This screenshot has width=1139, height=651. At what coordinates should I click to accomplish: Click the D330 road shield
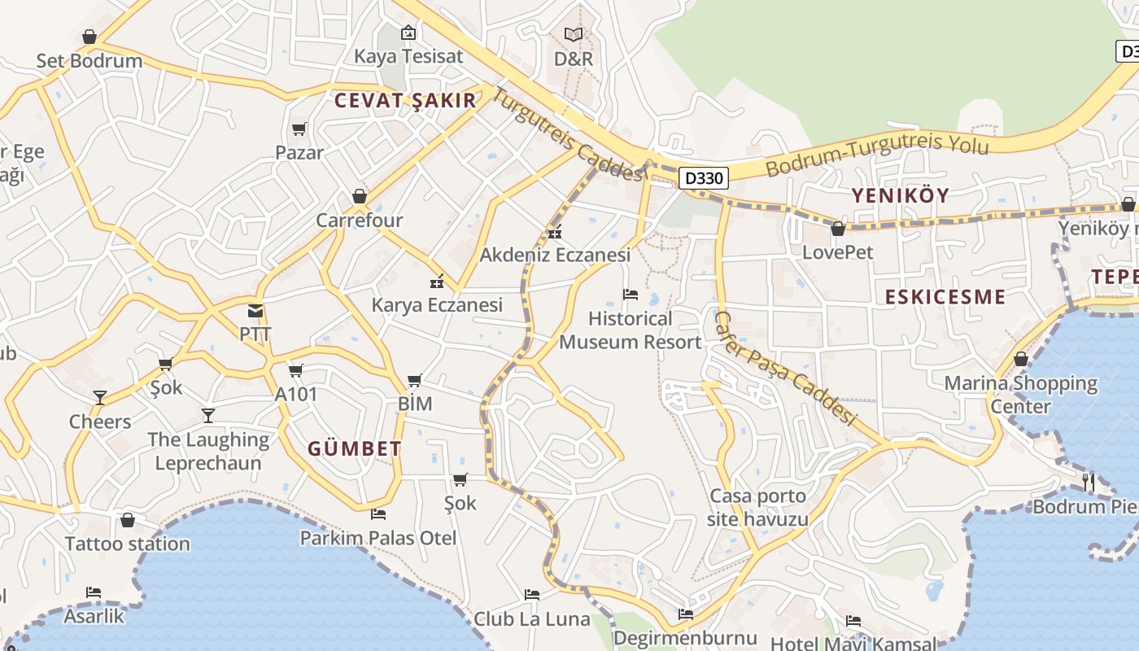click(x=703, y=177)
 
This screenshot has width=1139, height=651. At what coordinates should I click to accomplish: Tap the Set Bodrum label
click(x=89, y=61)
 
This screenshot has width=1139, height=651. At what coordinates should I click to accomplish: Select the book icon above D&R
click(x=574, y=35)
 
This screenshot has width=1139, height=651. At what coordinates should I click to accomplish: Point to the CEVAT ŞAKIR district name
click(x=405, y=101)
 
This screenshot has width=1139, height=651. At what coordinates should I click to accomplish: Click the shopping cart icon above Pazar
click(x=299, y=129)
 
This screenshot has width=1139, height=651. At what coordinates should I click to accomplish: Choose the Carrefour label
click(x=360, y=221)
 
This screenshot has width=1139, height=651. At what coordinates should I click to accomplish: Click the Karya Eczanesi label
click(x=437, y=305)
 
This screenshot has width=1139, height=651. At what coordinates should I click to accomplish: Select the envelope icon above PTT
click(x=255, y=311)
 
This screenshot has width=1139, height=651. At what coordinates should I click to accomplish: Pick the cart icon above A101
click(x=296, y=371)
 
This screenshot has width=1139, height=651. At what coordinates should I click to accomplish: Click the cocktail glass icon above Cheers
click(x=100, y=398)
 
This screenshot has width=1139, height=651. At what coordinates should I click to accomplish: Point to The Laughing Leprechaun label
click(x=208, y=452)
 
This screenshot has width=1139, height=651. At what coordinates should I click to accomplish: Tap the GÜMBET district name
click(x=355, y=449)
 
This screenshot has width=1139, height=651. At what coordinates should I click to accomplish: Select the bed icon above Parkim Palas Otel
click(x=378, y=514)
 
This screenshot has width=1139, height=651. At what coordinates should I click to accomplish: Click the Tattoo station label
click(x=128, y=544)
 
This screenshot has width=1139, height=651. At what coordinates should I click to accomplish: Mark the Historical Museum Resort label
click(x=631, y=330)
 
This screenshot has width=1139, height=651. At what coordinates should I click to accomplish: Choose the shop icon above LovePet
click(x=838, y=229)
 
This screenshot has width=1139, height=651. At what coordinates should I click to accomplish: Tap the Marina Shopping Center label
click(x=1020, y=394)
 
